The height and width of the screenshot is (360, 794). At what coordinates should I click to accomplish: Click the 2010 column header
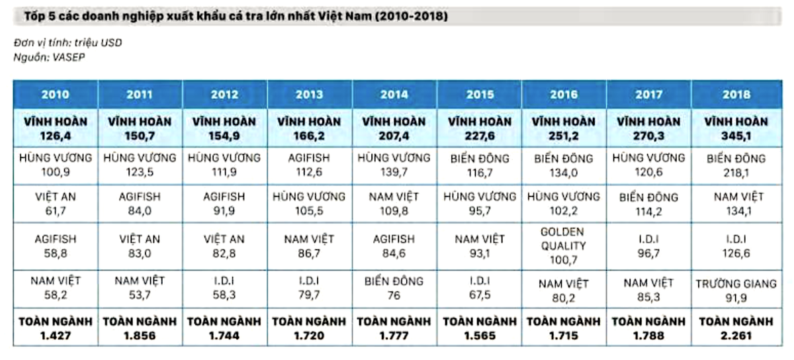pos(56,95)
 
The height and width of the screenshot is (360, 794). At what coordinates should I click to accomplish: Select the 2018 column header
pos(736,95)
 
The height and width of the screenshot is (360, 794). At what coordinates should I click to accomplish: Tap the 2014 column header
pos(394,95)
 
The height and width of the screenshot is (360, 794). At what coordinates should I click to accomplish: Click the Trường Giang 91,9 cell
pos(736,290)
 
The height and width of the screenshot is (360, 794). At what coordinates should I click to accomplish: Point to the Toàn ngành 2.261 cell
pos(736,328)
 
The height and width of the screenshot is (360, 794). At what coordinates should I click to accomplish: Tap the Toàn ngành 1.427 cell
pos(56,328)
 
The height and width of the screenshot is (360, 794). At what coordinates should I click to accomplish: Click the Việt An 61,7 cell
pos(56,204)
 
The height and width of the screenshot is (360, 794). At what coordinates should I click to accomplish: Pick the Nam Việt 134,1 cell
pos(736,204)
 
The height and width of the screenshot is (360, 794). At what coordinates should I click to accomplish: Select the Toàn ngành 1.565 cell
pos(479,328)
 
